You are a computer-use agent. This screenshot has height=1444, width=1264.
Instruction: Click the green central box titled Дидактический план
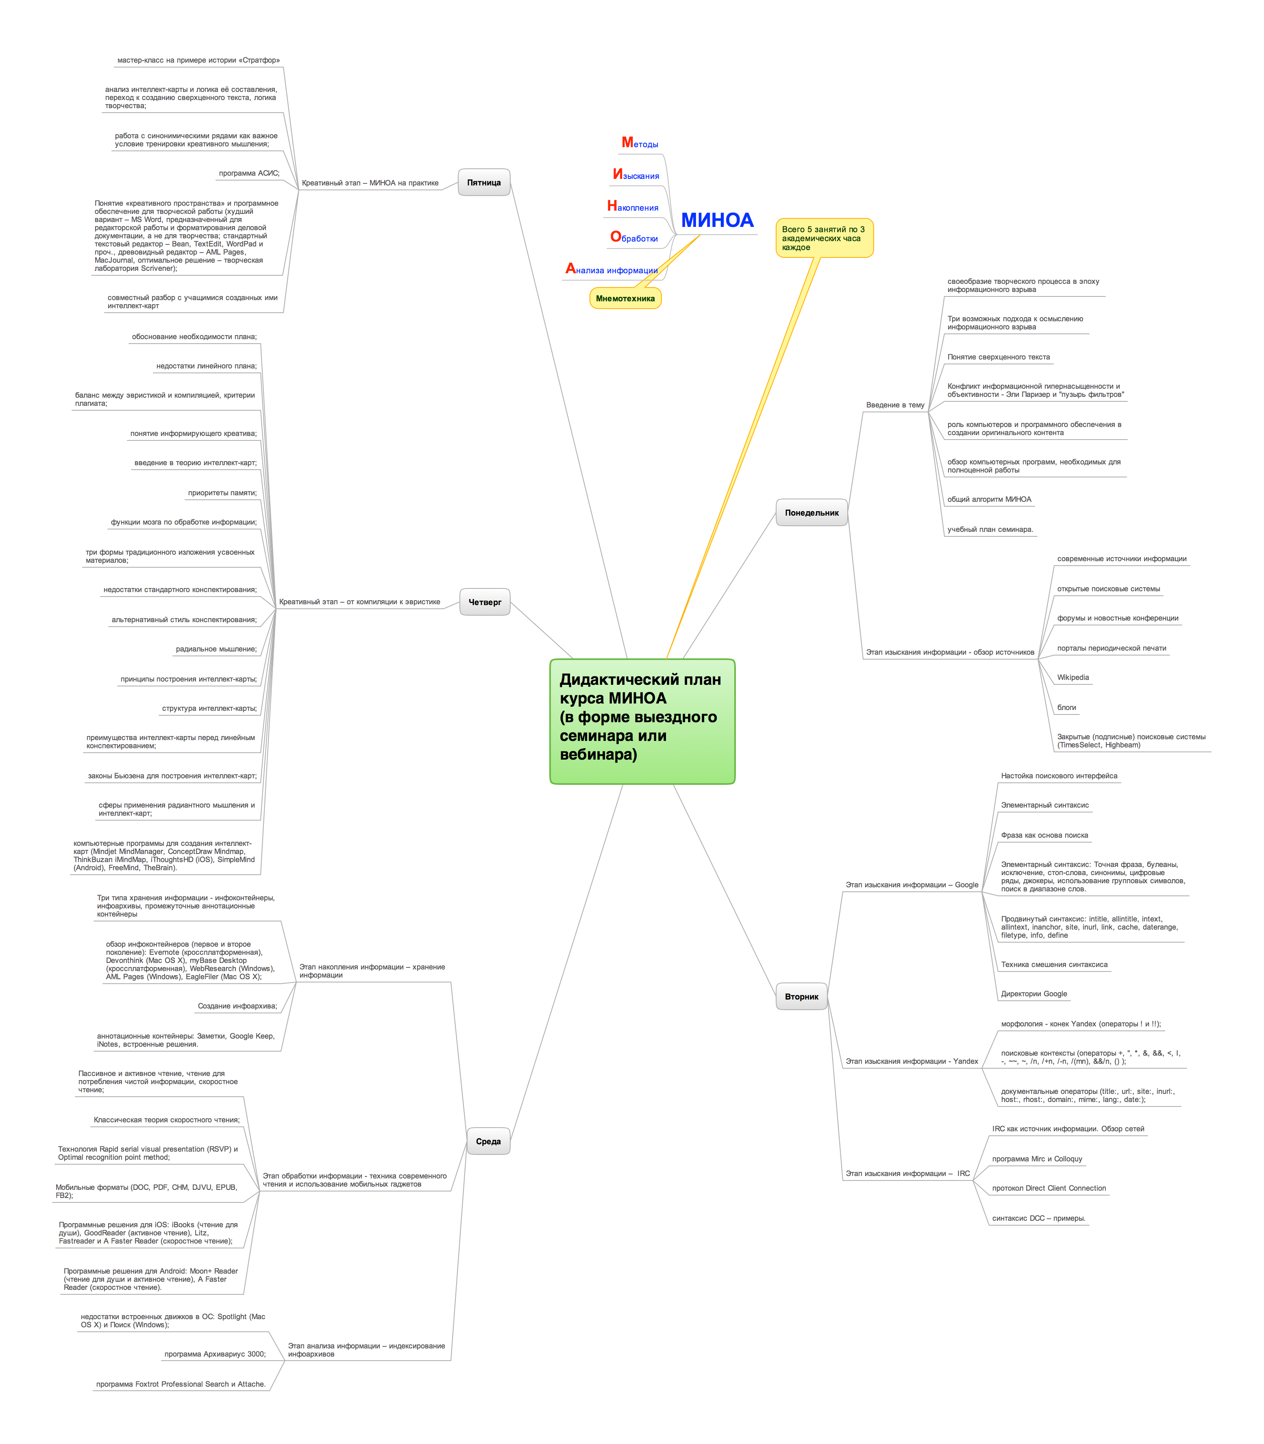click(642, 721)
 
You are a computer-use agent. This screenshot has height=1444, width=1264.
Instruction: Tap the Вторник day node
click(801, 997)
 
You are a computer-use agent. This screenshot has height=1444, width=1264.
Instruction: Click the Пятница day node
click(484, 183)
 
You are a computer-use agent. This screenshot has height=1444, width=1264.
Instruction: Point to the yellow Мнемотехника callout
click(625, 298)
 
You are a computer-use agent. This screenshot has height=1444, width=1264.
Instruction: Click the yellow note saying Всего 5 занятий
click(824, 238)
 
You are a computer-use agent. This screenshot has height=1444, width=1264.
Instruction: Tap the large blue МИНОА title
click(717, 220)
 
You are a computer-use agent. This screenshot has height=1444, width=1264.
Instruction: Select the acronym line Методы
click(640, 143)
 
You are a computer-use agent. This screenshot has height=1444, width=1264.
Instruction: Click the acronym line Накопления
click(633, 207)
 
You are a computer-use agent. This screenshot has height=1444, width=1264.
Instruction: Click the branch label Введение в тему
click(894, 405)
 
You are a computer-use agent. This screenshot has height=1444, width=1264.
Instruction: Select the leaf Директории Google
click(1033, 994)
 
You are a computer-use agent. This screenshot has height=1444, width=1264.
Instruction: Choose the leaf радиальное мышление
click(217, 649)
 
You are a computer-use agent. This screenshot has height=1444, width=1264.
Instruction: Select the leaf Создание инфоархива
click(237, 1006)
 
